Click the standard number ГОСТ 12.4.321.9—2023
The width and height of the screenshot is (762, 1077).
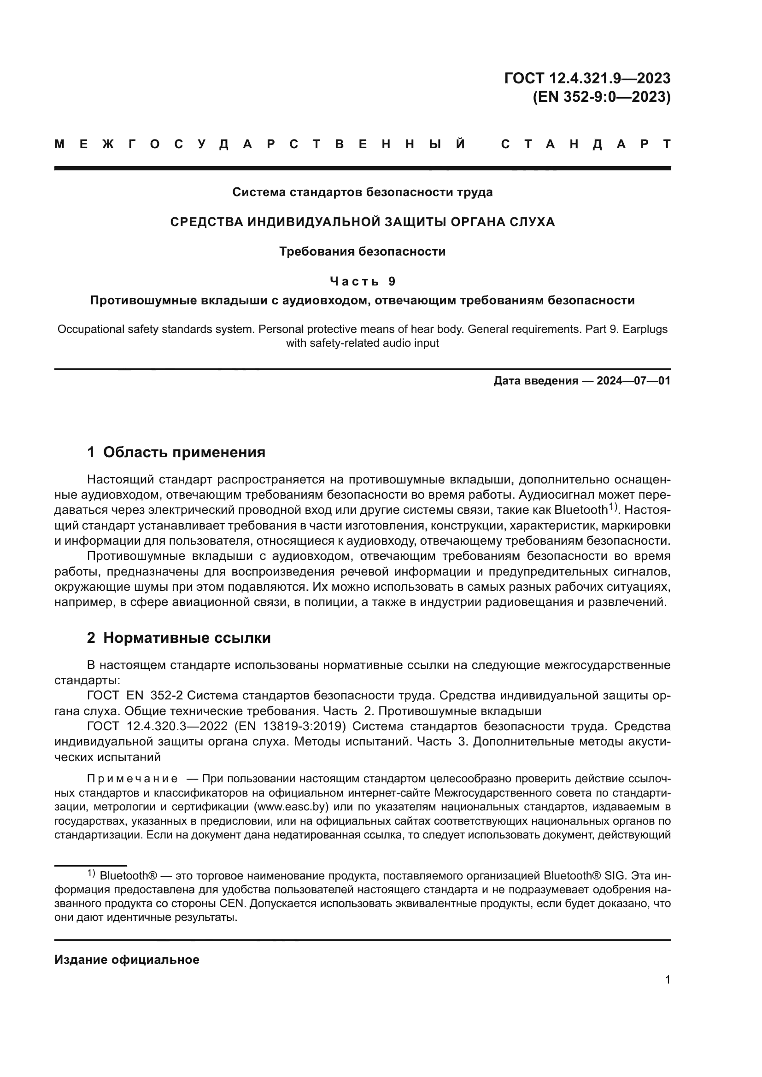[x=587, y=78]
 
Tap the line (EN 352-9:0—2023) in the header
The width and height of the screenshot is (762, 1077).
[x=602, y=97]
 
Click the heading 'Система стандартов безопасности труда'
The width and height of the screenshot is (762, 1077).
[x=362, y=192]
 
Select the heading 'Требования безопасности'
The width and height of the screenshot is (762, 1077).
[x=362, y=252]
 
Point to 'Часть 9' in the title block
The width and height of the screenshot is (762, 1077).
[x=362, y=281]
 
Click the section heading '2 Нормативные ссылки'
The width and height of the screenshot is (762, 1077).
[x=179, y=638]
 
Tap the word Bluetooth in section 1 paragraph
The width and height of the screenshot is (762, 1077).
[x=581, y=510]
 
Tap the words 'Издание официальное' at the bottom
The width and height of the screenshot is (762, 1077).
[x=127, y=959]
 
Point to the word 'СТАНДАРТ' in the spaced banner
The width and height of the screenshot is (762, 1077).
[x=586, y=145]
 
